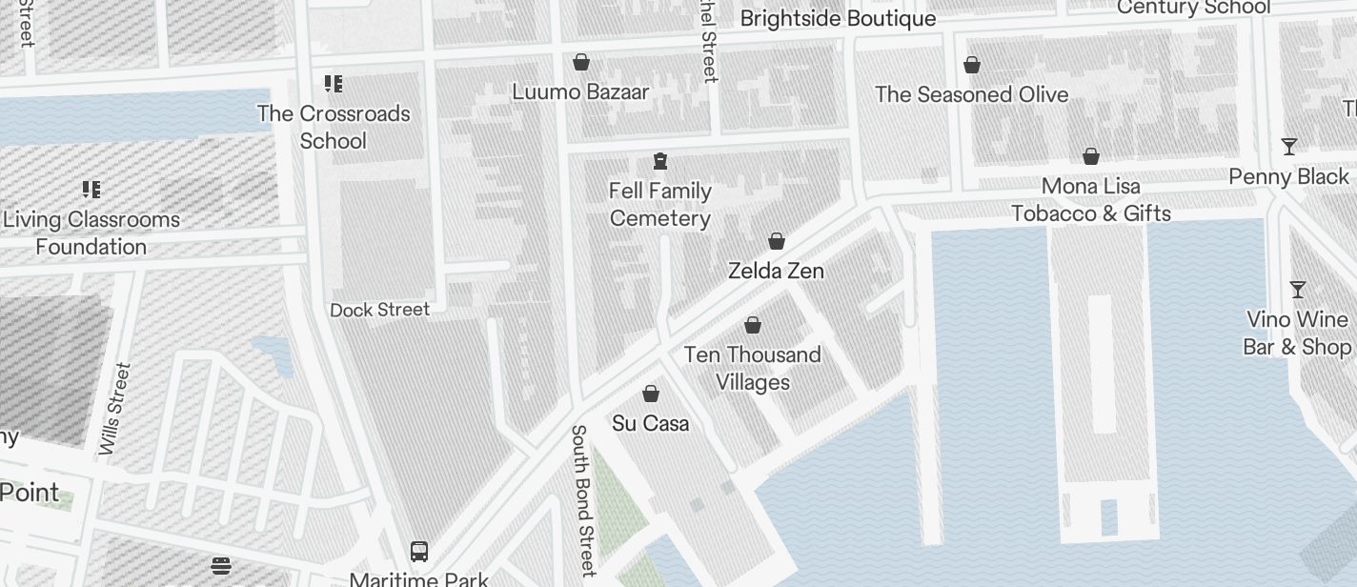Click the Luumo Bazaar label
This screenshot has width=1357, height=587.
tap(580, 92)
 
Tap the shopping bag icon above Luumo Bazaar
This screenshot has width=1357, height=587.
tap(581, 62)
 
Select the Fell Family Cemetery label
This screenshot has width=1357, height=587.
tap(660, 205)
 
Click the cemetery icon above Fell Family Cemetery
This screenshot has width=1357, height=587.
tap(660, 160)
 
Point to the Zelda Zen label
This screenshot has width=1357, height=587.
tap(776, 271)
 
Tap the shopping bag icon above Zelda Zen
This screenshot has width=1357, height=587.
tap(777, 241)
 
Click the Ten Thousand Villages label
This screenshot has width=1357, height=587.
tap(752, 368)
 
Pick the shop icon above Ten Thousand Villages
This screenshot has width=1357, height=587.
tap(753, 326)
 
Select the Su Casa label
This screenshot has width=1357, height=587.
tap(651, 423)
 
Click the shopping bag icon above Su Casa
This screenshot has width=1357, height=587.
tap(651, 394)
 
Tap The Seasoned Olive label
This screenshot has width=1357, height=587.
tap(971, 94)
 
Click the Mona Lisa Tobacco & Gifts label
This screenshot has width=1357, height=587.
tap(1091, 199)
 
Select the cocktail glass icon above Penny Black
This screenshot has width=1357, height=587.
tap(1289, 147)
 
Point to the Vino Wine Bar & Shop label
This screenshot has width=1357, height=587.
tap(1297, 333)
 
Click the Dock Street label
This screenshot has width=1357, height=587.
tap(379, 310)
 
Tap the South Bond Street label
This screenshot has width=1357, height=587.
tap(582, 499)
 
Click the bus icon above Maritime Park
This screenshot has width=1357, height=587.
tap(418, 551)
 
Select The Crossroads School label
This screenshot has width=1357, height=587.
tap(334, 127)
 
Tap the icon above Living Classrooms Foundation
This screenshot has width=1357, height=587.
tap(91, 190)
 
